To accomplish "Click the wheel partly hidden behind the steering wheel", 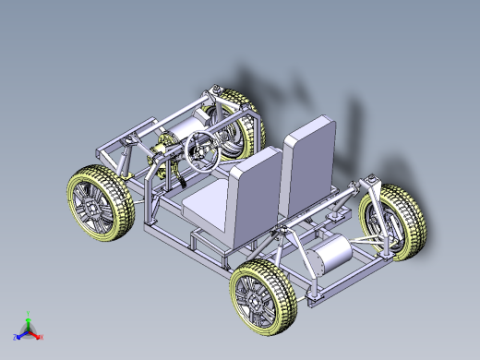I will [235, 125].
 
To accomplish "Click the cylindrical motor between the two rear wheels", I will [330, 254].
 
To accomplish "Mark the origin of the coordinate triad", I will [29, 330].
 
